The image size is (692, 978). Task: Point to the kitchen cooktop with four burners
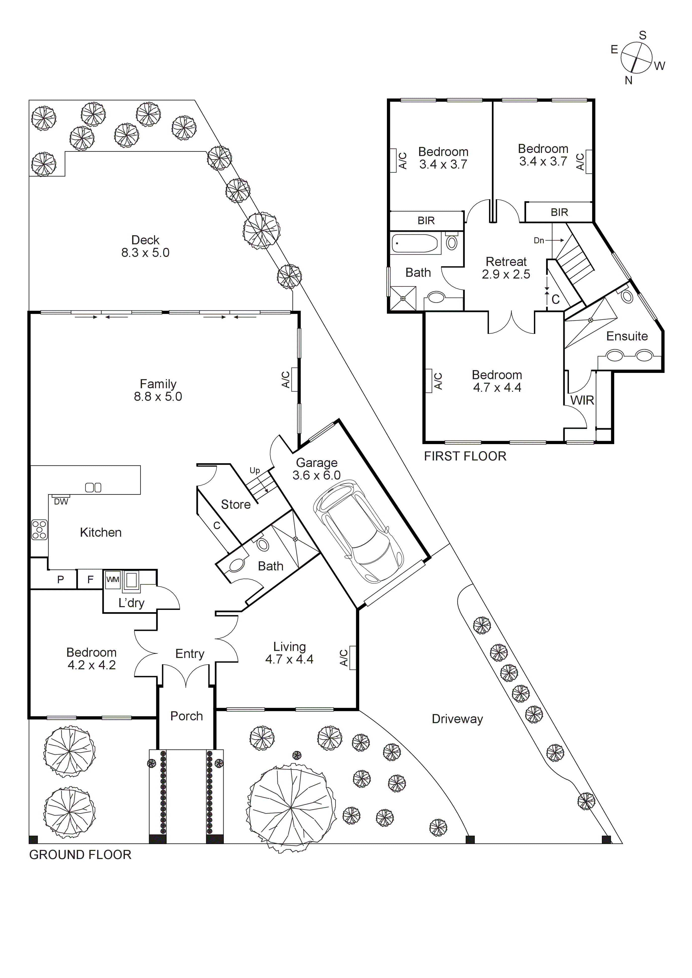click(x=39, y=530)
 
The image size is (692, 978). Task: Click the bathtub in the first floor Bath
click(x=415, y=244)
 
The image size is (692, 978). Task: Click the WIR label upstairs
click(x=582, y=400)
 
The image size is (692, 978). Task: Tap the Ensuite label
click(x=627, y=336)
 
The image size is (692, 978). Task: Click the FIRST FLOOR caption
click(x=465, y=456)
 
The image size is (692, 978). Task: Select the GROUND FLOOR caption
click(x=80, y=855)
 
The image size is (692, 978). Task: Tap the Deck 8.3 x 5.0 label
click(x=145, y=246)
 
